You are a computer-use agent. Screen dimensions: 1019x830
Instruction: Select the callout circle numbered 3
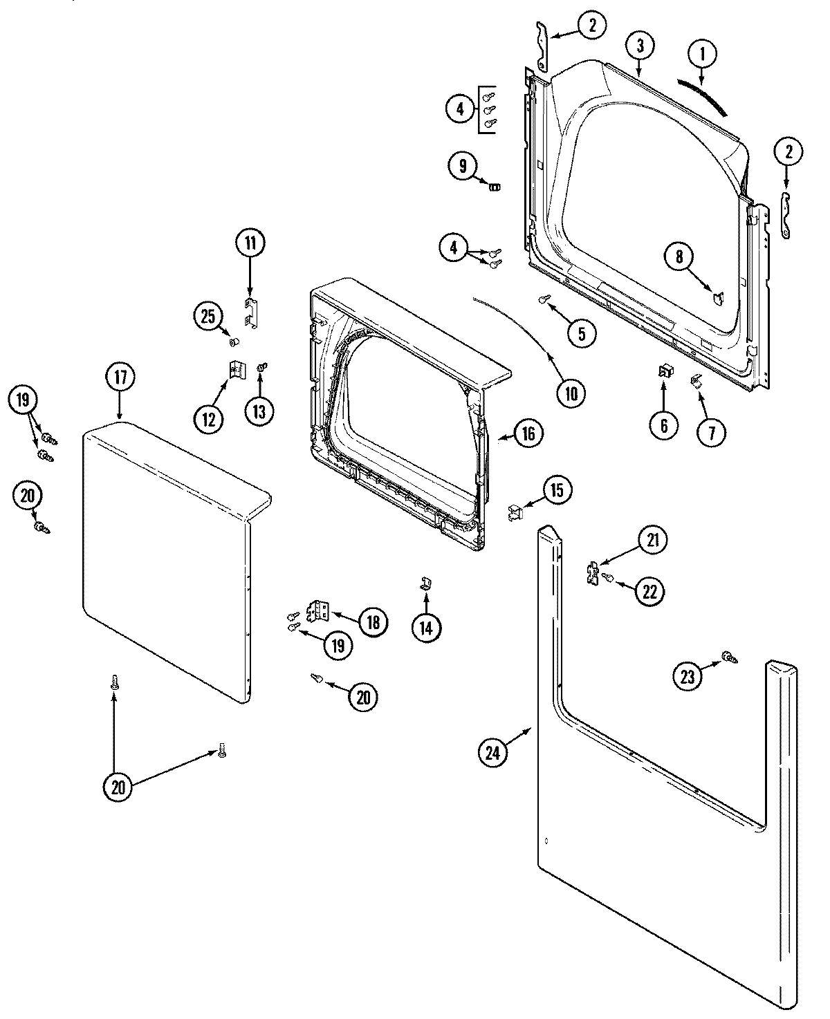(640, 46)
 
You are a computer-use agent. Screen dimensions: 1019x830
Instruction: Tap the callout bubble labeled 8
(679, 257)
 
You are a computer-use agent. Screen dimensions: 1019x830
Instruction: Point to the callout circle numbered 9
(462, 166)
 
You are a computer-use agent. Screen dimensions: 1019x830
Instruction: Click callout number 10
(571, 393)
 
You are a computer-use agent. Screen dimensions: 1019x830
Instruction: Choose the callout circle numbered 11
(249, 243)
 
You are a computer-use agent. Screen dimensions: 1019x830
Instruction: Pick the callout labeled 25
(207, 317)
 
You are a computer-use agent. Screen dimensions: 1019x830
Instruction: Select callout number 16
(528, 433)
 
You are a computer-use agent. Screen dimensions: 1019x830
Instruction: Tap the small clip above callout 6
(665, 372)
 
